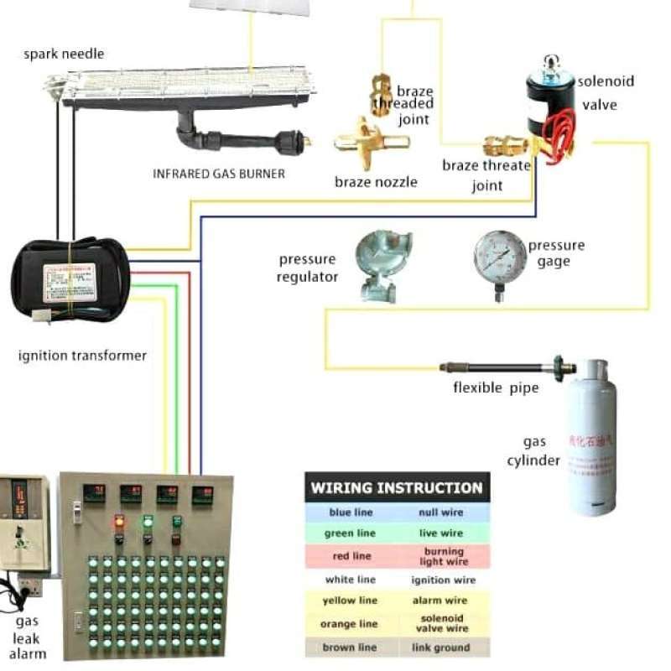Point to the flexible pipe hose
495,367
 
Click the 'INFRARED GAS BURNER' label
219,174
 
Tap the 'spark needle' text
65,54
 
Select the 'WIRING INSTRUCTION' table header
397,487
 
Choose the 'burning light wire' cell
443,556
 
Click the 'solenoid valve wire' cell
443,623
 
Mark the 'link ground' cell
443,648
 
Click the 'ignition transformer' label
82,356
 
